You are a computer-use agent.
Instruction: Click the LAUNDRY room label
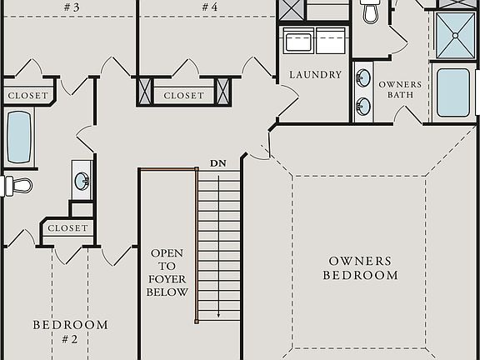pos(316,75)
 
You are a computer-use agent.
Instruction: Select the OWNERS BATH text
pos(400,89)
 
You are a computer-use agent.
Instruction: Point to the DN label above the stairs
pos(218,163)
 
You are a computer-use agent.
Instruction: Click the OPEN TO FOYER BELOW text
pos(167,272)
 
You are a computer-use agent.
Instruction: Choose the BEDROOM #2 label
pos(70,332)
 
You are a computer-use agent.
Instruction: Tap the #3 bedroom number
pos(71,7)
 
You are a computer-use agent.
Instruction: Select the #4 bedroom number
pos(209,7)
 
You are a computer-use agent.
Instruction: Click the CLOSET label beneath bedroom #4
pos(183,96)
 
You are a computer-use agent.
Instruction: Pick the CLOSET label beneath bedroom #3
pos(27,96)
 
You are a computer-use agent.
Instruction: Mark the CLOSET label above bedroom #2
pos(67,227)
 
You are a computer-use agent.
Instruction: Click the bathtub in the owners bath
pos(452,93)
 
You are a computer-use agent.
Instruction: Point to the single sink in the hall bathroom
pos(82,179)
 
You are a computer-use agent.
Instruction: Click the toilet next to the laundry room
pos(371,12)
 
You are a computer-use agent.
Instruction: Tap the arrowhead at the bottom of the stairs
pos(218,316)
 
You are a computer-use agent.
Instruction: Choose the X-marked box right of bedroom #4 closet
pos(223,90)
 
